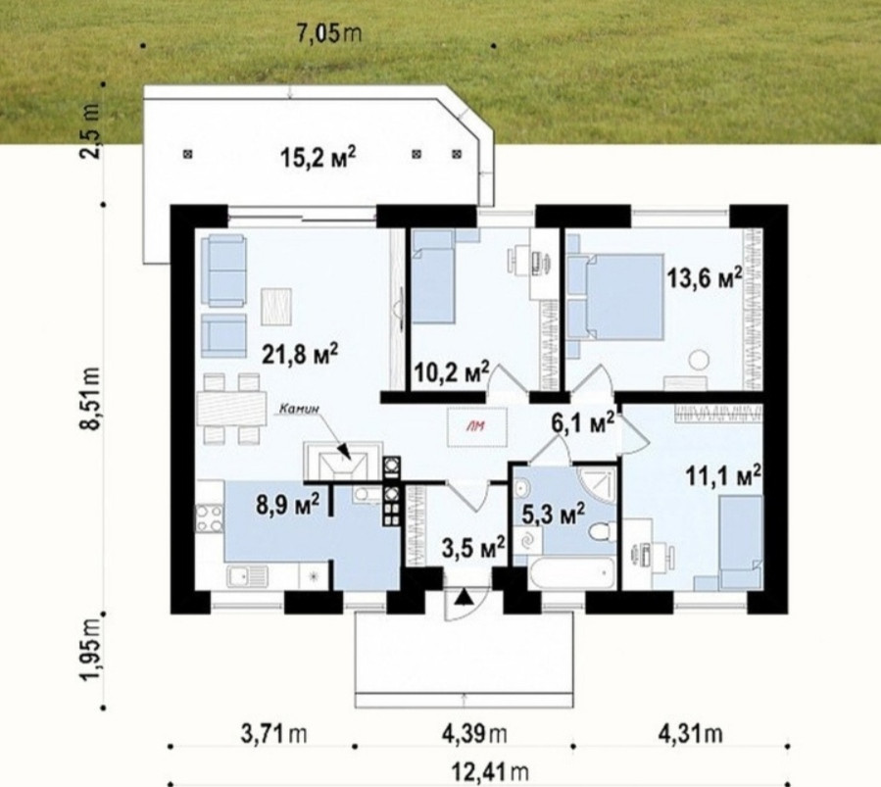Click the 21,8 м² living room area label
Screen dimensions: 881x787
(x=300, y=354)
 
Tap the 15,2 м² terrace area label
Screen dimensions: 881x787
(x=318, y=157)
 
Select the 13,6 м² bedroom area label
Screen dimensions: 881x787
(x=705, y=277)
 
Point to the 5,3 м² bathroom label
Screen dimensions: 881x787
(x=554, y=513)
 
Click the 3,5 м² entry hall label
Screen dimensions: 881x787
(x=473, y=548)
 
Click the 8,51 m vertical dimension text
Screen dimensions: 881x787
(x=91, y=398)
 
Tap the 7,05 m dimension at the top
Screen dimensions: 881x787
(x=328, y=33)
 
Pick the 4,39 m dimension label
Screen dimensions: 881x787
(x=474, y=733)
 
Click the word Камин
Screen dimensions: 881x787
(x=300, y=410)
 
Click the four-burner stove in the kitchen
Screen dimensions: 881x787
(x=209, y=518)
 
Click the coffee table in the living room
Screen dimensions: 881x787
(x=276, y=306)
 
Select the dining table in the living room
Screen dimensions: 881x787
(x=231, y=409)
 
